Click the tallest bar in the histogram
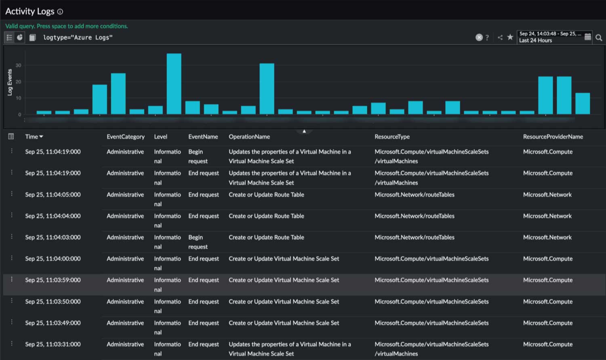tap(174, 84)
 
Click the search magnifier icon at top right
tap(599, 38)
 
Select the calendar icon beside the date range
tap(588, 37)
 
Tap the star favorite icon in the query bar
tap(510, 37)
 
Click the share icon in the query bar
tap(500, 38)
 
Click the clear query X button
tap(479, 38)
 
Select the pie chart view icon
tap(20, 38)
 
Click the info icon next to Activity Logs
tap(60, 12)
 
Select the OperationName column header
tap(249, 137)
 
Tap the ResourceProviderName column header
tap(553, 137)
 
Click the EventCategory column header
tap(125, 137)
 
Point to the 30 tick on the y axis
tap(18, 65)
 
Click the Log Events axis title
tap(10, 82)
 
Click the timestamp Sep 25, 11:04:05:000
tap(53, 194)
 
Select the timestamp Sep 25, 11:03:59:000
tap(53, 280)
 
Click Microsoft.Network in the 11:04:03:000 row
tap(547, 237)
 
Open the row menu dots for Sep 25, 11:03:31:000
tap(12, 343)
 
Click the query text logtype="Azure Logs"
tap(78, 38)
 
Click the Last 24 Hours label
tap(535, 40)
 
